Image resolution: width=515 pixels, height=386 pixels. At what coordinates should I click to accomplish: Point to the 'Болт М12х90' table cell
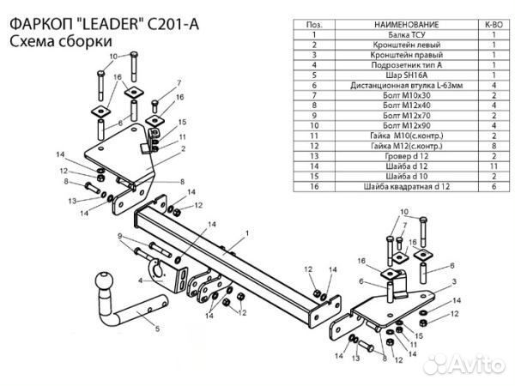click(404, 125)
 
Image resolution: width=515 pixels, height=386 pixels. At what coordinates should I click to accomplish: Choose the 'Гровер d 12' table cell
click(404, 155)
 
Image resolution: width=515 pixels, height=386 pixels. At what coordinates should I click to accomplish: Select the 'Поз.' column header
click(315, 26)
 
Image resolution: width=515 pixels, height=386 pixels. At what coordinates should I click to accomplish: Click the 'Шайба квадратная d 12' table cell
click(404, 185)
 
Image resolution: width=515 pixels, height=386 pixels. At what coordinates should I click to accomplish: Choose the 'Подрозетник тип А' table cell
click(404, 65)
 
